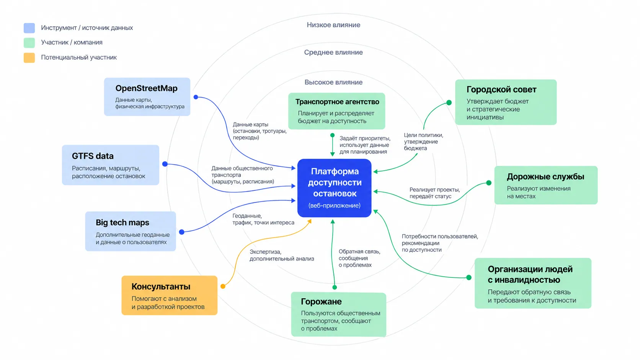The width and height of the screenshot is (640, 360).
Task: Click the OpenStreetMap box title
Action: pyautogui.click(x=146, y=88)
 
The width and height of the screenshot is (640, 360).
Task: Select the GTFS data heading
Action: pyautogui.click(x=93, y=156)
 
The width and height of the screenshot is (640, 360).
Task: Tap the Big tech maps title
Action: pyautogui.click(x=122, y=222)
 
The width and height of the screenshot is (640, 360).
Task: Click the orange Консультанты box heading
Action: pyautogui.click(x=161, y=286)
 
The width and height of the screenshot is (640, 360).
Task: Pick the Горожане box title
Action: pyautogui.click(x=321, y=301)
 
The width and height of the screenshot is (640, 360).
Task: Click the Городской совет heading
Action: pyautogui.click(x=501, y=90)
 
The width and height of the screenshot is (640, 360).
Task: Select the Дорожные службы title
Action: pyautogui.click(x=545, y=177)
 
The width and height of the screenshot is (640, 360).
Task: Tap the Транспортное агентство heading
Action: pyautogui.click(x=337, y=102)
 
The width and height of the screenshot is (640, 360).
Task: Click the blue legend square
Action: pyautogui.click(x=29, y=28)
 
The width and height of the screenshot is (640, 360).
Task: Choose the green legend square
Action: pyautogui.click(x=29, y=43)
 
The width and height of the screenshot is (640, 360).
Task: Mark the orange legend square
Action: pyautogui.click(x=29, y=58)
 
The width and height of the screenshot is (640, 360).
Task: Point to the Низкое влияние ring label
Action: pyautogui.click(x=333, y=25)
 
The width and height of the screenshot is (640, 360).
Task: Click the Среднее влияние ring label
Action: pyautogui.click(x=333, y=52)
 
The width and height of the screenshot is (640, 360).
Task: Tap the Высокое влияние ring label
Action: pyautogui.click(x=333, y=83)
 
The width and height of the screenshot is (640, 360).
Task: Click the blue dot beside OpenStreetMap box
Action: pyautogui.click(x=196, y=97)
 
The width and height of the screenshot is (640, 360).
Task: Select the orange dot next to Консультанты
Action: pyautogui.click(x=223, y=286)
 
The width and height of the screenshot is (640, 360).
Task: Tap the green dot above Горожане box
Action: pyautogui.click(x=335, y=287)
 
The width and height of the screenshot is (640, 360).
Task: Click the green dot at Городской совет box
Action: pyautogui.click(x=449, y=103)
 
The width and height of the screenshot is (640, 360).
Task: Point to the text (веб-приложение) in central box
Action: pyautogui.click(x=334, y=205)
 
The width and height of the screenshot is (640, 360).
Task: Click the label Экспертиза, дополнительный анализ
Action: pyautogui.click(x=282, y=255)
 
